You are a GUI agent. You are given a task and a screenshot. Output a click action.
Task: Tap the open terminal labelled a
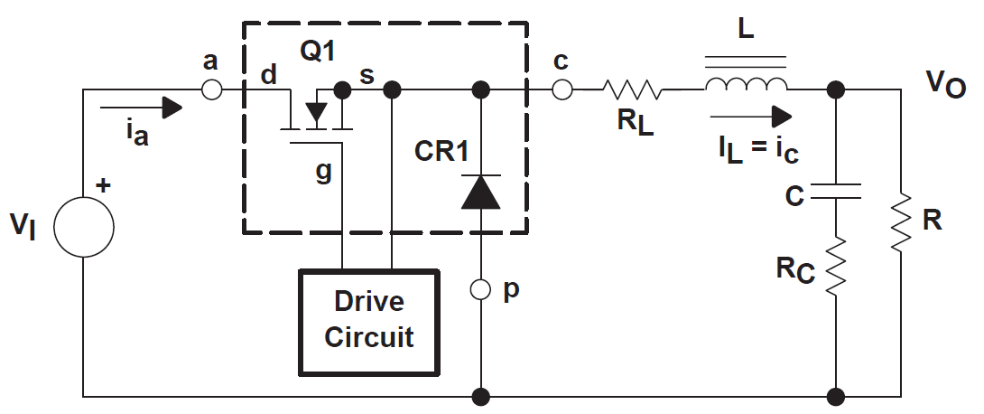coord(210,89)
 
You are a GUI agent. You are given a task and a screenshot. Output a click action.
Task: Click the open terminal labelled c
coord(561,89)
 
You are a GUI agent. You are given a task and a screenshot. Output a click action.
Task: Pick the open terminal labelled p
coord(480,290)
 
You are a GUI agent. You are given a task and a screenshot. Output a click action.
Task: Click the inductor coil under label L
coord(746,85)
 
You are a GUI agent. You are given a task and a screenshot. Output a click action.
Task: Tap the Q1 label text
coord(317,52)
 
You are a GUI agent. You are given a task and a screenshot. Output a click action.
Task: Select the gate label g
coord(323,173)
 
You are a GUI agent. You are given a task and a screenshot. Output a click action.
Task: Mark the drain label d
coord(268,75)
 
